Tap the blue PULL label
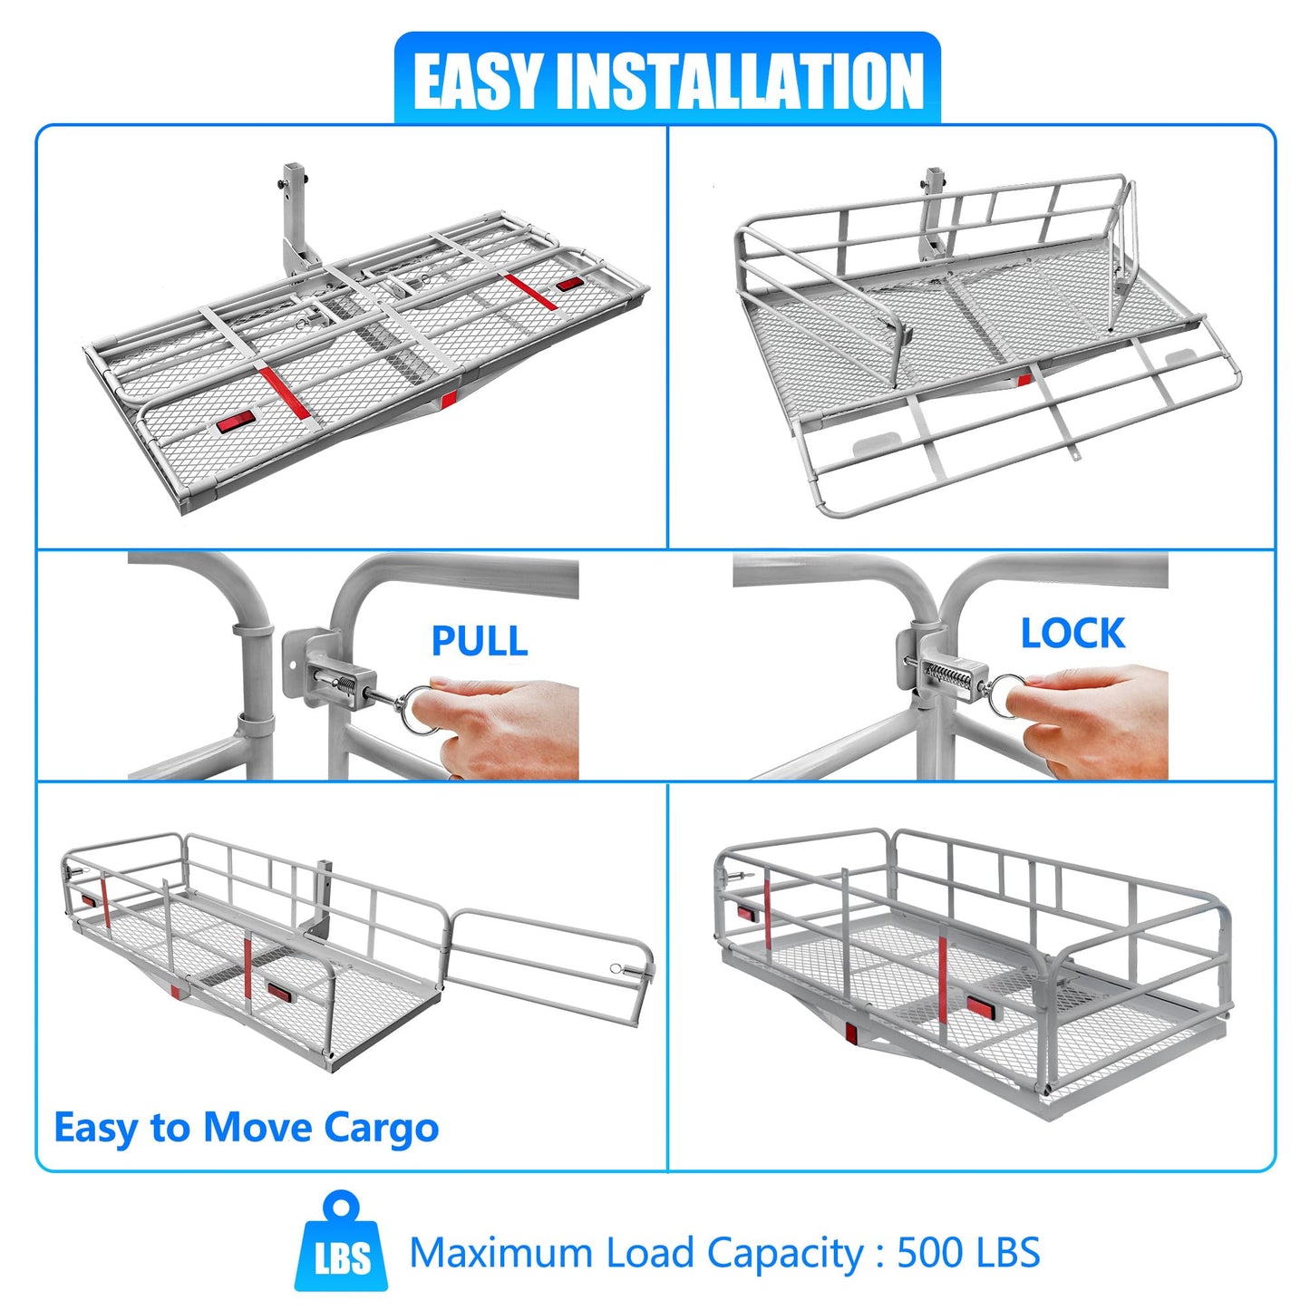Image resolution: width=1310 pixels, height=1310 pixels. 480,640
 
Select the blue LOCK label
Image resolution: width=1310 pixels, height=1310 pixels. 1072,633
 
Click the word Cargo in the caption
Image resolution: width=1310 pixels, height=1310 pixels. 382,1129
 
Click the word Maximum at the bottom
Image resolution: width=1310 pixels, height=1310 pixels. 501,1252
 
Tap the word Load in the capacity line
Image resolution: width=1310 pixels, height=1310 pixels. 648,1252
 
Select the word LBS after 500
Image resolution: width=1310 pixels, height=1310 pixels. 1003,1252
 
